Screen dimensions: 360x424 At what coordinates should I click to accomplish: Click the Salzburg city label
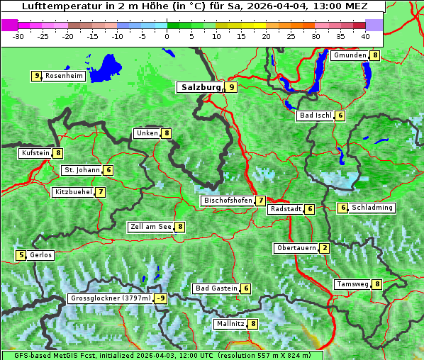[199, 87]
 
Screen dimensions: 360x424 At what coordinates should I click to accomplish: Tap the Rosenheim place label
[63, 76]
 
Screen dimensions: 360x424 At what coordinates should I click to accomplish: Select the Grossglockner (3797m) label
[111, 298]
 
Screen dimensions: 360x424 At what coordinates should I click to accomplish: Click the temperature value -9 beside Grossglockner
[161, 298]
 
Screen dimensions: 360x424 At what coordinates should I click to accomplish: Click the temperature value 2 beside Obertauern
[324, 248]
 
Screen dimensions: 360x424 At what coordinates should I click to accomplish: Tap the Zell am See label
[151, 227]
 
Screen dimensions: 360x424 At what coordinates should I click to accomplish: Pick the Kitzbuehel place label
[73, 192]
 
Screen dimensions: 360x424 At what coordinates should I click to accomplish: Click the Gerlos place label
[40, 255]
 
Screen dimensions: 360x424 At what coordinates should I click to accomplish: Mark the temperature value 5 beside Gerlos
[21, 255]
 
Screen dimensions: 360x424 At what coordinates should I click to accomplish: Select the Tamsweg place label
[352, 284]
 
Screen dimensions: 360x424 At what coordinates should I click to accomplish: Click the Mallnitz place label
[230, 324]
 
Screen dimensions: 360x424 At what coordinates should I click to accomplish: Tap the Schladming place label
[372, 208]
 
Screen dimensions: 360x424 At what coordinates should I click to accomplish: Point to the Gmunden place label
[350, 55]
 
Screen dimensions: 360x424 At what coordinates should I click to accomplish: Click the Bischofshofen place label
[228, 201]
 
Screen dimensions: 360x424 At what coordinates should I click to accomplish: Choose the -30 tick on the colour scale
[18, 36]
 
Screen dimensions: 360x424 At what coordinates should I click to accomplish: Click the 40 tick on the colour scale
[365, 36]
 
